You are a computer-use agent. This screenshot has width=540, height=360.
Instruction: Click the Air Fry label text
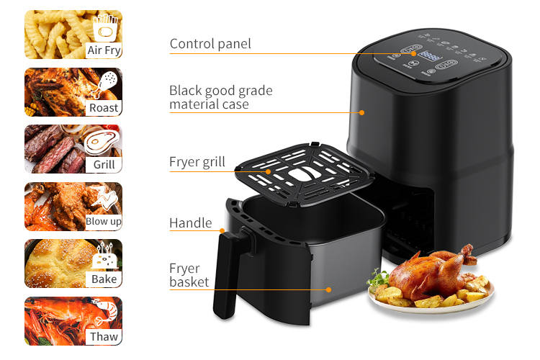coord(104,50)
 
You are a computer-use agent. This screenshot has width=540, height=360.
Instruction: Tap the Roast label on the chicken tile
coord(104,108)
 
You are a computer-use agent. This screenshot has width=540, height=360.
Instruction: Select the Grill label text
coord(104,165)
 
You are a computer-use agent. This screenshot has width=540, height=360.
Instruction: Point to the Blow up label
coord(103,222)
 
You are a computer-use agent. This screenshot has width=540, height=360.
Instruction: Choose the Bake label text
coord(104,279)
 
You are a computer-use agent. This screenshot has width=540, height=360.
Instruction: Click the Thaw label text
coord(104,336)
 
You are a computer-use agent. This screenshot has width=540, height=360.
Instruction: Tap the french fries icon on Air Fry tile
coord(105,28)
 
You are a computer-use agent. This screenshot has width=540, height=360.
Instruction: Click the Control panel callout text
coord(210,44)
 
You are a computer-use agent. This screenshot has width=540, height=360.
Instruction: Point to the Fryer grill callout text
coord(197,162)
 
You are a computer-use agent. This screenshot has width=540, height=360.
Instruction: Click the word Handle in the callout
coord(191,223)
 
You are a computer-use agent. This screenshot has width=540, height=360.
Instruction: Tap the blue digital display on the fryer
coord(429,56)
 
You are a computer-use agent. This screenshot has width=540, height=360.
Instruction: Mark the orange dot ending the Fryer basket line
coord(328,289)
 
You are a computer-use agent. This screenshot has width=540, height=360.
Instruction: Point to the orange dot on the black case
coord(361,112)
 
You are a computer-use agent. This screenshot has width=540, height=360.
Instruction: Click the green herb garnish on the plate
coord(378,279)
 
